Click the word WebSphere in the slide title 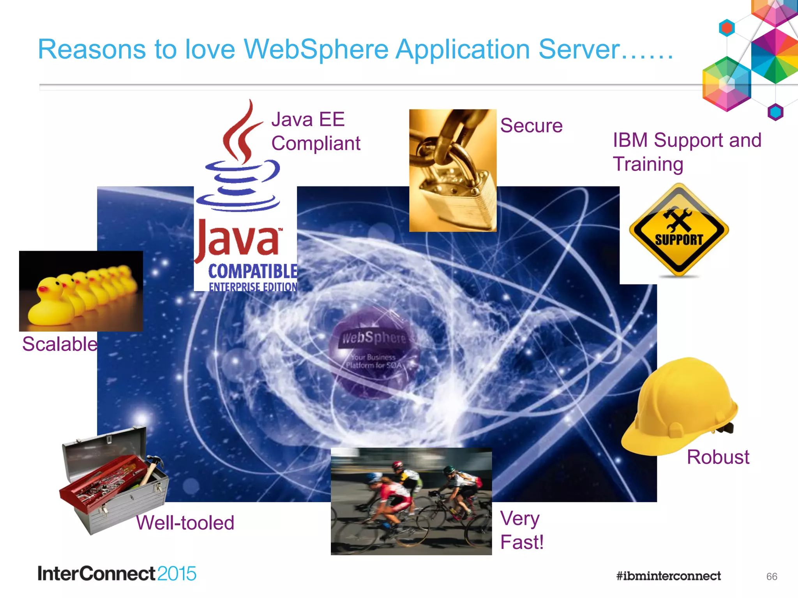316,50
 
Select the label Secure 531,126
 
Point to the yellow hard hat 680,407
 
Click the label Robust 718,457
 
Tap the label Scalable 60,344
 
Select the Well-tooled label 185,523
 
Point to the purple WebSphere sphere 373,352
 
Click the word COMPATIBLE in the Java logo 252,271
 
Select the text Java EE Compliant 315,132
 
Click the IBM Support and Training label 687,152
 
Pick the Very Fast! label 521,530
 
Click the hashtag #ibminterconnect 668,576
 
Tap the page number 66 772,577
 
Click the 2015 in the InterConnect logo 177,574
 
